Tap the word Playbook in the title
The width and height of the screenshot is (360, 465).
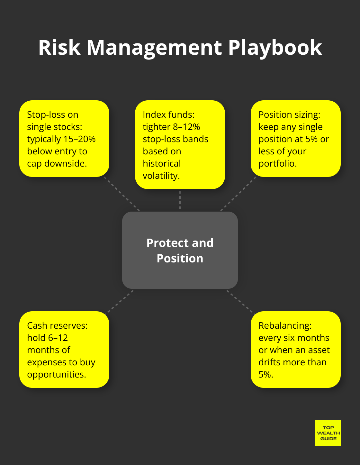coord(275,48)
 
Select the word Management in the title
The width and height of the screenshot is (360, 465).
coord(154,48)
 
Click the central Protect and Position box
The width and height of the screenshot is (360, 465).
coord(180,250)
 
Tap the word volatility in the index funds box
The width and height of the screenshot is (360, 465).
coord(161,176)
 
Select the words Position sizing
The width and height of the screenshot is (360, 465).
coord(289,115)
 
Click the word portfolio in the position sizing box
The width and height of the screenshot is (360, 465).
coord(277,164)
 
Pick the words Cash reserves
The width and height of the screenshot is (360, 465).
coord(57,326)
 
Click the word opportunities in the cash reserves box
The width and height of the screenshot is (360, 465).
coord(56,375)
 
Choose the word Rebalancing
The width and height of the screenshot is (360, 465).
coord(285,326)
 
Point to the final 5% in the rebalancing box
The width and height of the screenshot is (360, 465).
coord(265,375)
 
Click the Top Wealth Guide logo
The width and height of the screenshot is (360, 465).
coord(328,433)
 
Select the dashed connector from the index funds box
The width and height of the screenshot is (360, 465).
coord(180,200)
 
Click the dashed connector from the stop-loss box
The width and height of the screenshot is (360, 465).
coord(122,194)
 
